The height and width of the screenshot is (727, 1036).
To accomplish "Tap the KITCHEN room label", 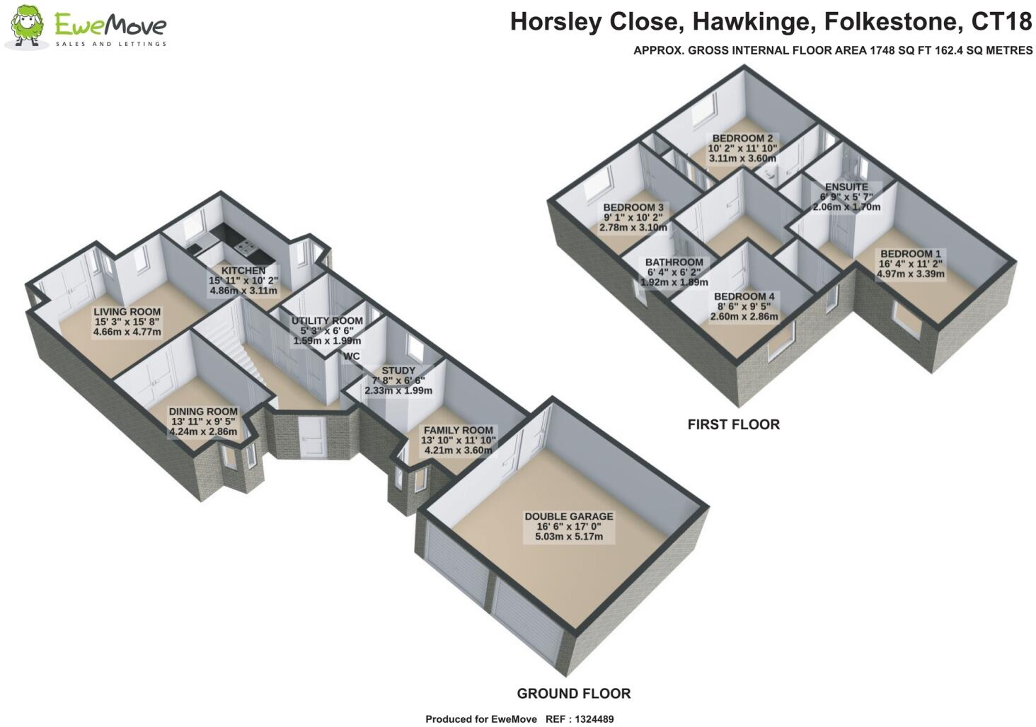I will click(243, 271).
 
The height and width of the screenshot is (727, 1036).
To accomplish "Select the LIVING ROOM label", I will click(127, 312).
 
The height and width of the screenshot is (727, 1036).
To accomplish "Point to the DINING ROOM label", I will click(203, 412).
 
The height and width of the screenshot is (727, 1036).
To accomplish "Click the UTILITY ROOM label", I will click(327, 321).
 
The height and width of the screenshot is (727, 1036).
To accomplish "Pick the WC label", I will click(352, 356).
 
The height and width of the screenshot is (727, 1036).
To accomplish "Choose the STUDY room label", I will click(398, 371).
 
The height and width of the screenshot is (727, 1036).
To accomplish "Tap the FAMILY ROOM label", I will click(459, 431).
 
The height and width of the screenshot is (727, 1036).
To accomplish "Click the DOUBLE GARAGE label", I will click(569, 517).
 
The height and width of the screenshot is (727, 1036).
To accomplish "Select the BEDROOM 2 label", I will click(742, 139).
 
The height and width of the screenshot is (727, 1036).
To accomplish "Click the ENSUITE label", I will click(846, 187).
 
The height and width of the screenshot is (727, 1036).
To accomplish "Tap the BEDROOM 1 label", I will click(911, 254).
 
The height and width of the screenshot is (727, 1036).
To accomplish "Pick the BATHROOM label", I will click(674, 262).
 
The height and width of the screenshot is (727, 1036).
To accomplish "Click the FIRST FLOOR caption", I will click(734, 424).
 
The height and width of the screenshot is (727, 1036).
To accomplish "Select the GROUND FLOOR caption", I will click(573, 694).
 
